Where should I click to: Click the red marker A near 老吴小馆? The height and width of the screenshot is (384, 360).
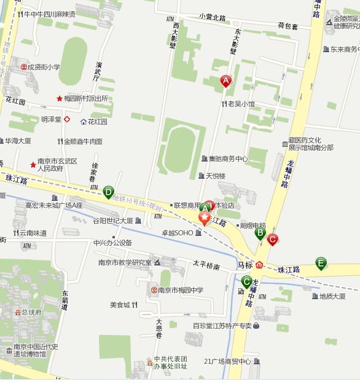(225, 81)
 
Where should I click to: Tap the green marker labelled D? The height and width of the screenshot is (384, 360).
(109, 192)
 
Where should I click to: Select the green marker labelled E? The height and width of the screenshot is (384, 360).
(321, 263)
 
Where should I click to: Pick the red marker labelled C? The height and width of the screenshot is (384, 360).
(272, 239)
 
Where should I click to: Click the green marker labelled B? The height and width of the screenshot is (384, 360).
(260, 233)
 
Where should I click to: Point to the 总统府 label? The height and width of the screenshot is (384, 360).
(31, 312)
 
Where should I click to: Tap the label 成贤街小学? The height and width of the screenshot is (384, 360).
(44, 66)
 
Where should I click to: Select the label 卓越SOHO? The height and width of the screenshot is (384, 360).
(177, 233)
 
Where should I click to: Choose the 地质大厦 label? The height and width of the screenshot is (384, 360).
(332, 296)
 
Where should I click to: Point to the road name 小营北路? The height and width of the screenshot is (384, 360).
(212, 17)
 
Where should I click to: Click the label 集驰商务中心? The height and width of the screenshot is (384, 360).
(227, 159)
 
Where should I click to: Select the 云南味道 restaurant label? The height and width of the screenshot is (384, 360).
(33, 233)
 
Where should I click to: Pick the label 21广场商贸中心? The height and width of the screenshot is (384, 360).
(227, 361)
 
